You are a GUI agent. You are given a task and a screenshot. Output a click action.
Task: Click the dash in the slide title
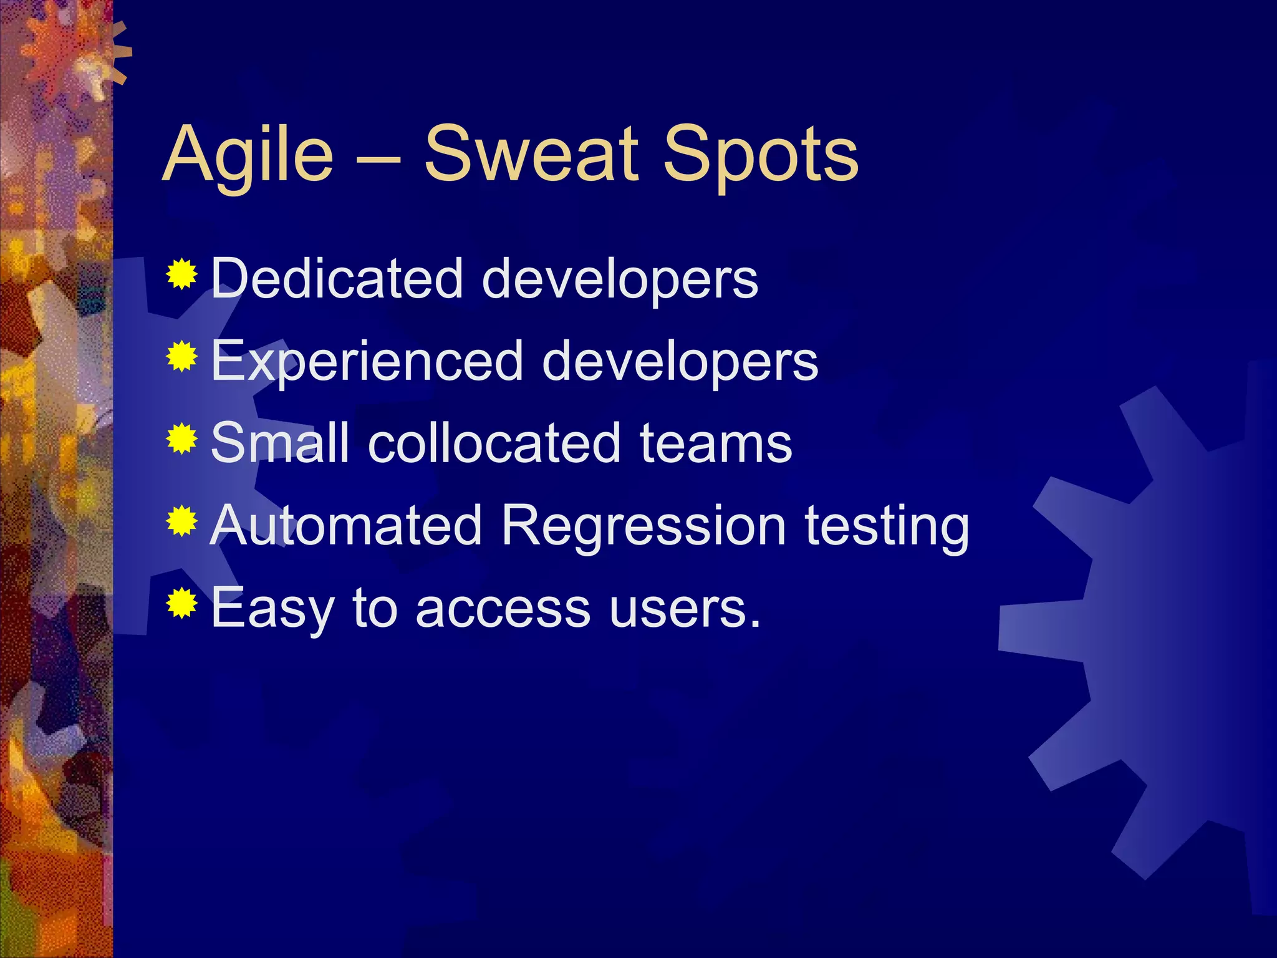point(378,158)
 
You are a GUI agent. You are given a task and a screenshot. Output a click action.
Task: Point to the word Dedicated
point(337,278)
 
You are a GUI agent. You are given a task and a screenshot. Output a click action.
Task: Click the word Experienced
point(367,361)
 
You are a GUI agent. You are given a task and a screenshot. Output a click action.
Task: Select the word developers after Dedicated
point(620,279)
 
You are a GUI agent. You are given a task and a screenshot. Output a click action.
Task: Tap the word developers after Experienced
point(680,362)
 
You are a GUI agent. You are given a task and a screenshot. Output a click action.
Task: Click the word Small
point(279,443)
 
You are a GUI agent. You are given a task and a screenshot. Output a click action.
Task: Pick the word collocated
point(494,443)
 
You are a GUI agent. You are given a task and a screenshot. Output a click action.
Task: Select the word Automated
point(345,525)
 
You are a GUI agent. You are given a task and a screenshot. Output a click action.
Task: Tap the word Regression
point(643,526)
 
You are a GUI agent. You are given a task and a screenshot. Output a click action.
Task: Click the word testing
point(887,526)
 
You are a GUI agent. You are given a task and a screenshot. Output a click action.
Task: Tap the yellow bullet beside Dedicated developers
point(182,274)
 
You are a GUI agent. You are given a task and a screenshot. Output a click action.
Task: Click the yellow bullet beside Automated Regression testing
point(182,521)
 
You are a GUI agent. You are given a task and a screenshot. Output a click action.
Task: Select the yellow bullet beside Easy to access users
point(182,603)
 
